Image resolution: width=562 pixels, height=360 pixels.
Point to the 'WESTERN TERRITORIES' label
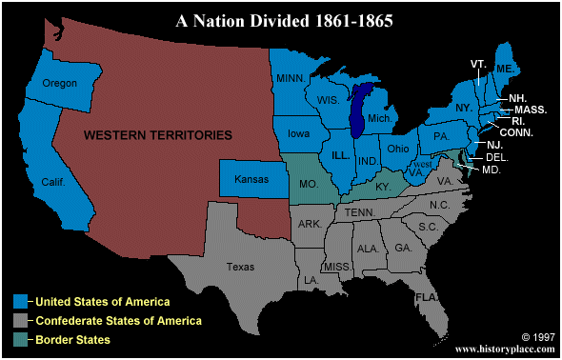(x=158, y=136)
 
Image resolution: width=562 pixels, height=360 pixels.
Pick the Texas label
(x=241, y=268)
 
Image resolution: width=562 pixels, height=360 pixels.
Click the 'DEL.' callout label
(x=495, y=156)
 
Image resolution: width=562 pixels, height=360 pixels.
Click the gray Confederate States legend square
(x=20, y=320)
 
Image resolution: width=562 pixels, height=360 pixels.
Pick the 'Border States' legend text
(x=73, y=338)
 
